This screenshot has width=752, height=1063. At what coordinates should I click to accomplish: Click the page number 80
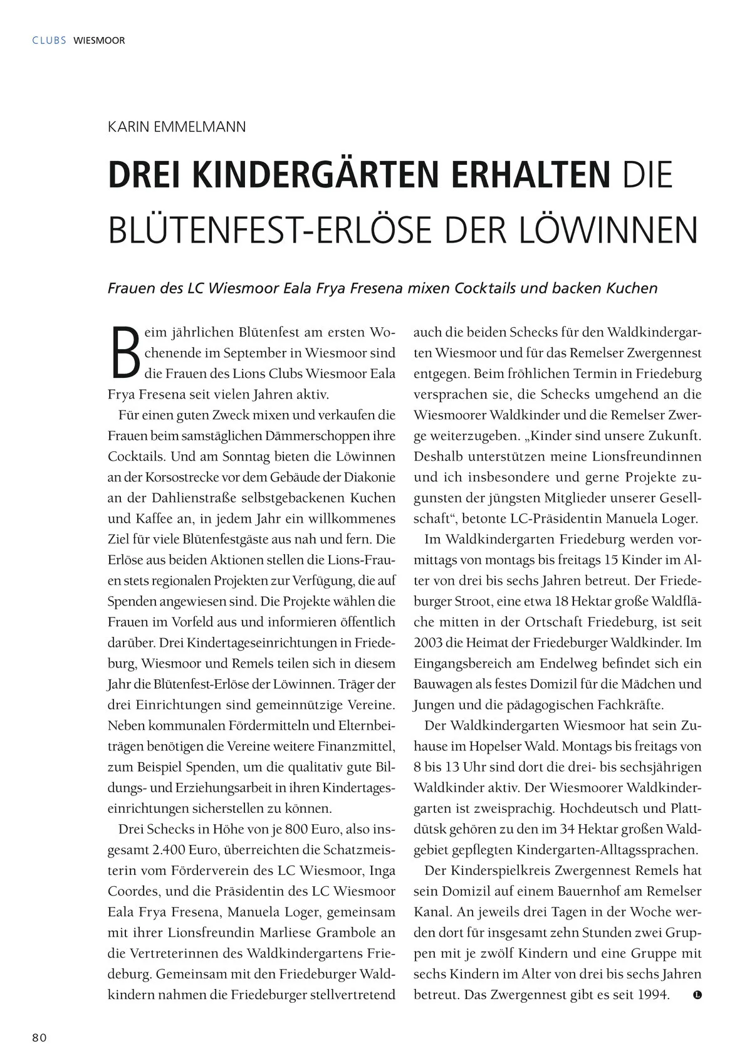39,1037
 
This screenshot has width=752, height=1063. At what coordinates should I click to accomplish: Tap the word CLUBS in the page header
49,41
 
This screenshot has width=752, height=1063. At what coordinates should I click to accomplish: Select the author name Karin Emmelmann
177,127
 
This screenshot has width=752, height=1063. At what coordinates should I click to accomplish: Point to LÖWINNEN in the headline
608,230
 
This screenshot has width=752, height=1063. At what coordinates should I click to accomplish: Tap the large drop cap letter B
125,353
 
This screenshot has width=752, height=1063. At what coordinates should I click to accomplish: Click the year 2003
428,642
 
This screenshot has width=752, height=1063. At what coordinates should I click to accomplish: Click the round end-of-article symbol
697,995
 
